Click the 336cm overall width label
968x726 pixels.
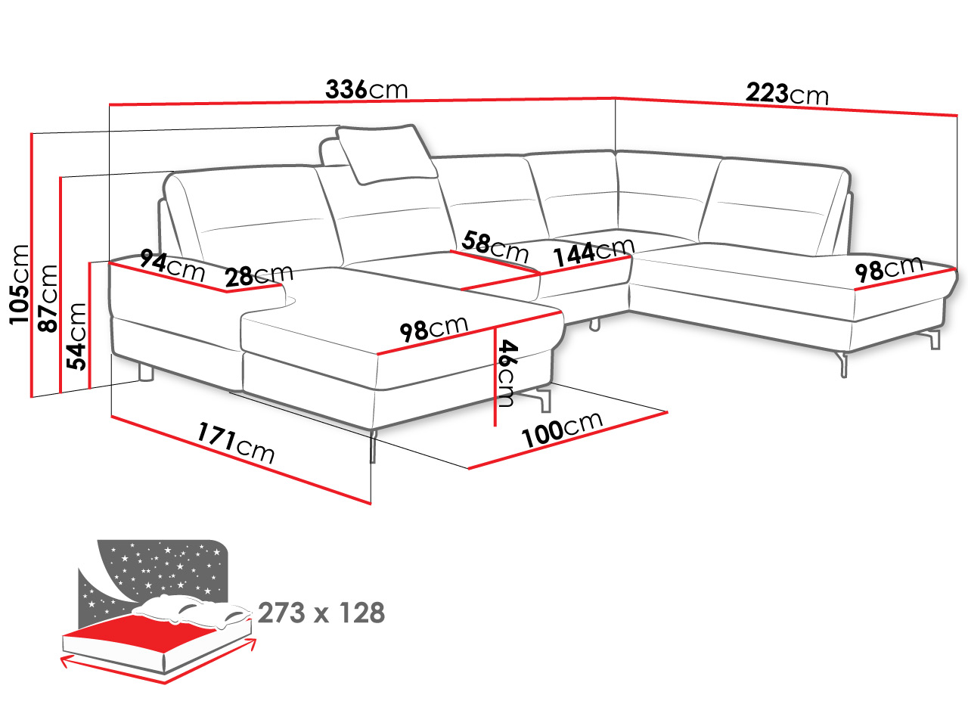click(367, 89)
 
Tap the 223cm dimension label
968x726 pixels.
click(786, 94)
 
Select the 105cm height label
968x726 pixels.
click(20, 285)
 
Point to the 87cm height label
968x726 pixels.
click(48, 299)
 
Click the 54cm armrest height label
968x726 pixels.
click(76, 337)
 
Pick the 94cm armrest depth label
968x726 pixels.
click(172, 265)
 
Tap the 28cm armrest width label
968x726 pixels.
click(259, 276)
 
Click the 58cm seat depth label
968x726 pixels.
click(495, 247)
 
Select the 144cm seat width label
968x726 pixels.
click(594, 253)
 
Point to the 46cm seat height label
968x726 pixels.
click(505, 373)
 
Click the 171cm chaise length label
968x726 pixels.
click(236, 442)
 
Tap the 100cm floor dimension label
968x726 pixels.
click(562, 430)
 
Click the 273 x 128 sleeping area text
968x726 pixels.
click(321, 613)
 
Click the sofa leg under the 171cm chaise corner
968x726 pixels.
click(373, 445)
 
